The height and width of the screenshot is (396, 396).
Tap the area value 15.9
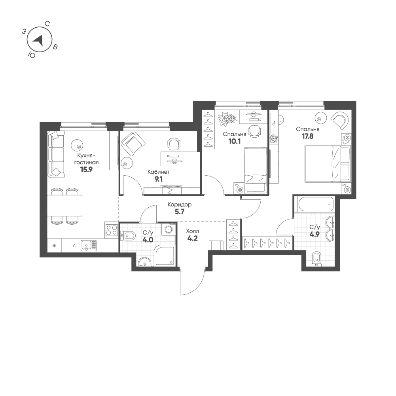pos(86,169)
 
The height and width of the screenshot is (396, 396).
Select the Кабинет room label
pos(159,172)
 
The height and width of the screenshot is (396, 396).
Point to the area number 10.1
pos(234,142)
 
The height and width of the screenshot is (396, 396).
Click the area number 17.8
pos(308,136)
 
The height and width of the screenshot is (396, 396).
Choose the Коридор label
pos(180,205)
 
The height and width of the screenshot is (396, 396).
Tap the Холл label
pos(192,231)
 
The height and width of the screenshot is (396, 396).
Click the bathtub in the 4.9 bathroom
pos(316,204)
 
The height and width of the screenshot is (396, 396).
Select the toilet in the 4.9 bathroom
pos(316,260)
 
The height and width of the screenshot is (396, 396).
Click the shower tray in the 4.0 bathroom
pos(165,256)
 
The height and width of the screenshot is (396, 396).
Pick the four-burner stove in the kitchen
pos(112,230)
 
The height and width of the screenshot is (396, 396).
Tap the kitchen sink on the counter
pos(88,245)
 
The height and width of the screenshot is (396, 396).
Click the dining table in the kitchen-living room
pos(64,205)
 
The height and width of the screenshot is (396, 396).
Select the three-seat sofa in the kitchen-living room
pos(57,153)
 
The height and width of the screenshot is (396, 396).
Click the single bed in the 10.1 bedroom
pos(255,170)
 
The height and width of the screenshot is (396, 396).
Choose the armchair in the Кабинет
pos(133,144)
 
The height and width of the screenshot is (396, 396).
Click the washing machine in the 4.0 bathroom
pos(169,229)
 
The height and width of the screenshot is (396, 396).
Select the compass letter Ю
pos(32,55)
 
